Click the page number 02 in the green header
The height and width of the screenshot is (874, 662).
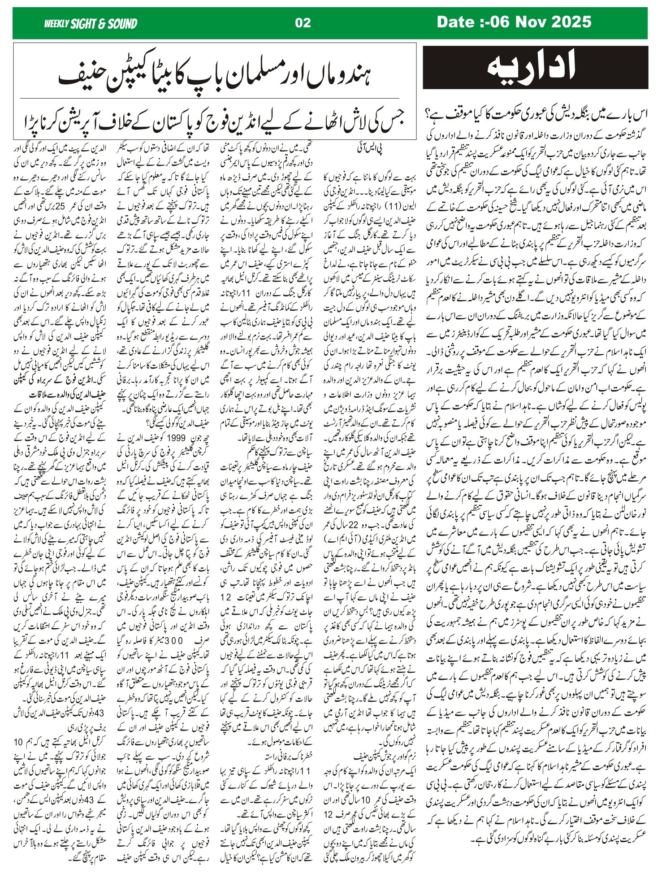click(x=303, y=23)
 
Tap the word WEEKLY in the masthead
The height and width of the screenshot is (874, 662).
click(x=56, y=24)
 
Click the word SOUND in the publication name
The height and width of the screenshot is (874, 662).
click(x=122, y=24)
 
